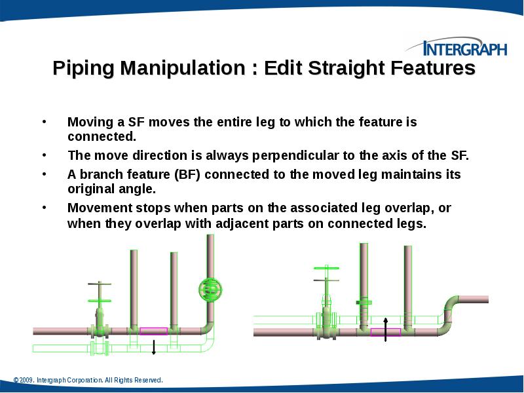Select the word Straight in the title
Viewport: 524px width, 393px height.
pos(345,68)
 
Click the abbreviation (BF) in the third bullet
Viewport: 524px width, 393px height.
pos(187,175)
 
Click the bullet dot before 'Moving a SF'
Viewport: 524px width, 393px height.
pos(44,122)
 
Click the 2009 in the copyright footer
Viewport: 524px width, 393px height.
pos(26,380)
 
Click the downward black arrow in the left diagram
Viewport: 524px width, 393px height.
pos(153,346)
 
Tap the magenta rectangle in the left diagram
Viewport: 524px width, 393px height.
pos(153,331)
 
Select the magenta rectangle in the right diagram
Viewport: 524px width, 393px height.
pos(385,332)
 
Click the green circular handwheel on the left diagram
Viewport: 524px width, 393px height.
pos(211,289)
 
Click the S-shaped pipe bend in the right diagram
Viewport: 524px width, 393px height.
pos(451,312)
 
